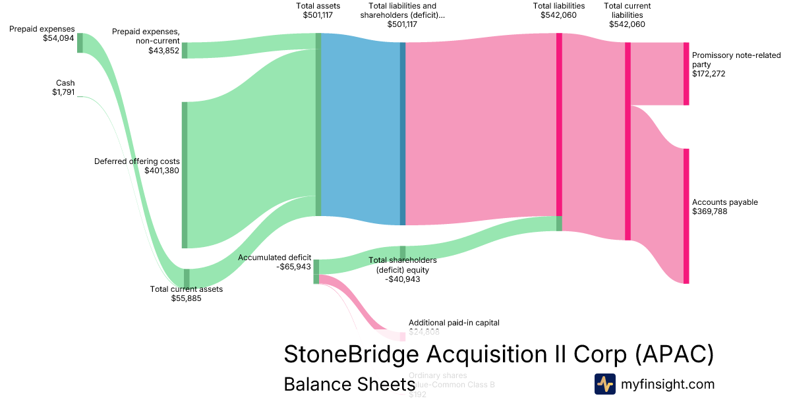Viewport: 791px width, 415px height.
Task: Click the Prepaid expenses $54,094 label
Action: coord(42,34)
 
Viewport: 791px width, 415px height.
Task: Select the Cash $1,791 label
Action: coord(64,88)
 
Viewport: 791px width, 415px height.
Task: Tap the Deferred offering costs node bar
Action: coord(185,175)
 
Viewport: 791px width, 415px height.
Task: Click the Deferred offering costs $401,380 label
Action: coord(137,165)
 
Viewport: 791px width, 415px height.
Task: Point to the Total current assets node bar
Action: coord(187,277)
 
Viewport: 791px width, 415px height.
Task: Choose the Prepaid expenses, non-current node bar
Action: coord(185,50)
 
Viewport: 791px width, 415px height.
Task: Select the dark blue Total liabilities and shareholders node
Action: coord(403,133)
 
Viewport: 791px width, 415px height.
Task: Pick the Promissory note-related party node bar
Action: coord(686,74)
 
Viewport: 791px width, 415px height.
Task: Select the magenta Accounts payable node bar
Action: coord(686,216)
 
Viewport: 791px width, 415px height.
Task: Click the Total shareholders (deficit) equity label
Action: coord(403,269)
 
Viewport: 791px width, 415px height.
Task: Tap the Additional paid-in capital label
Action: coord(454,323)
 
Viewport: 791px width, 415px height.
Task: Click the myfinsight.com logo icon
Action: coord(604,384)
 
